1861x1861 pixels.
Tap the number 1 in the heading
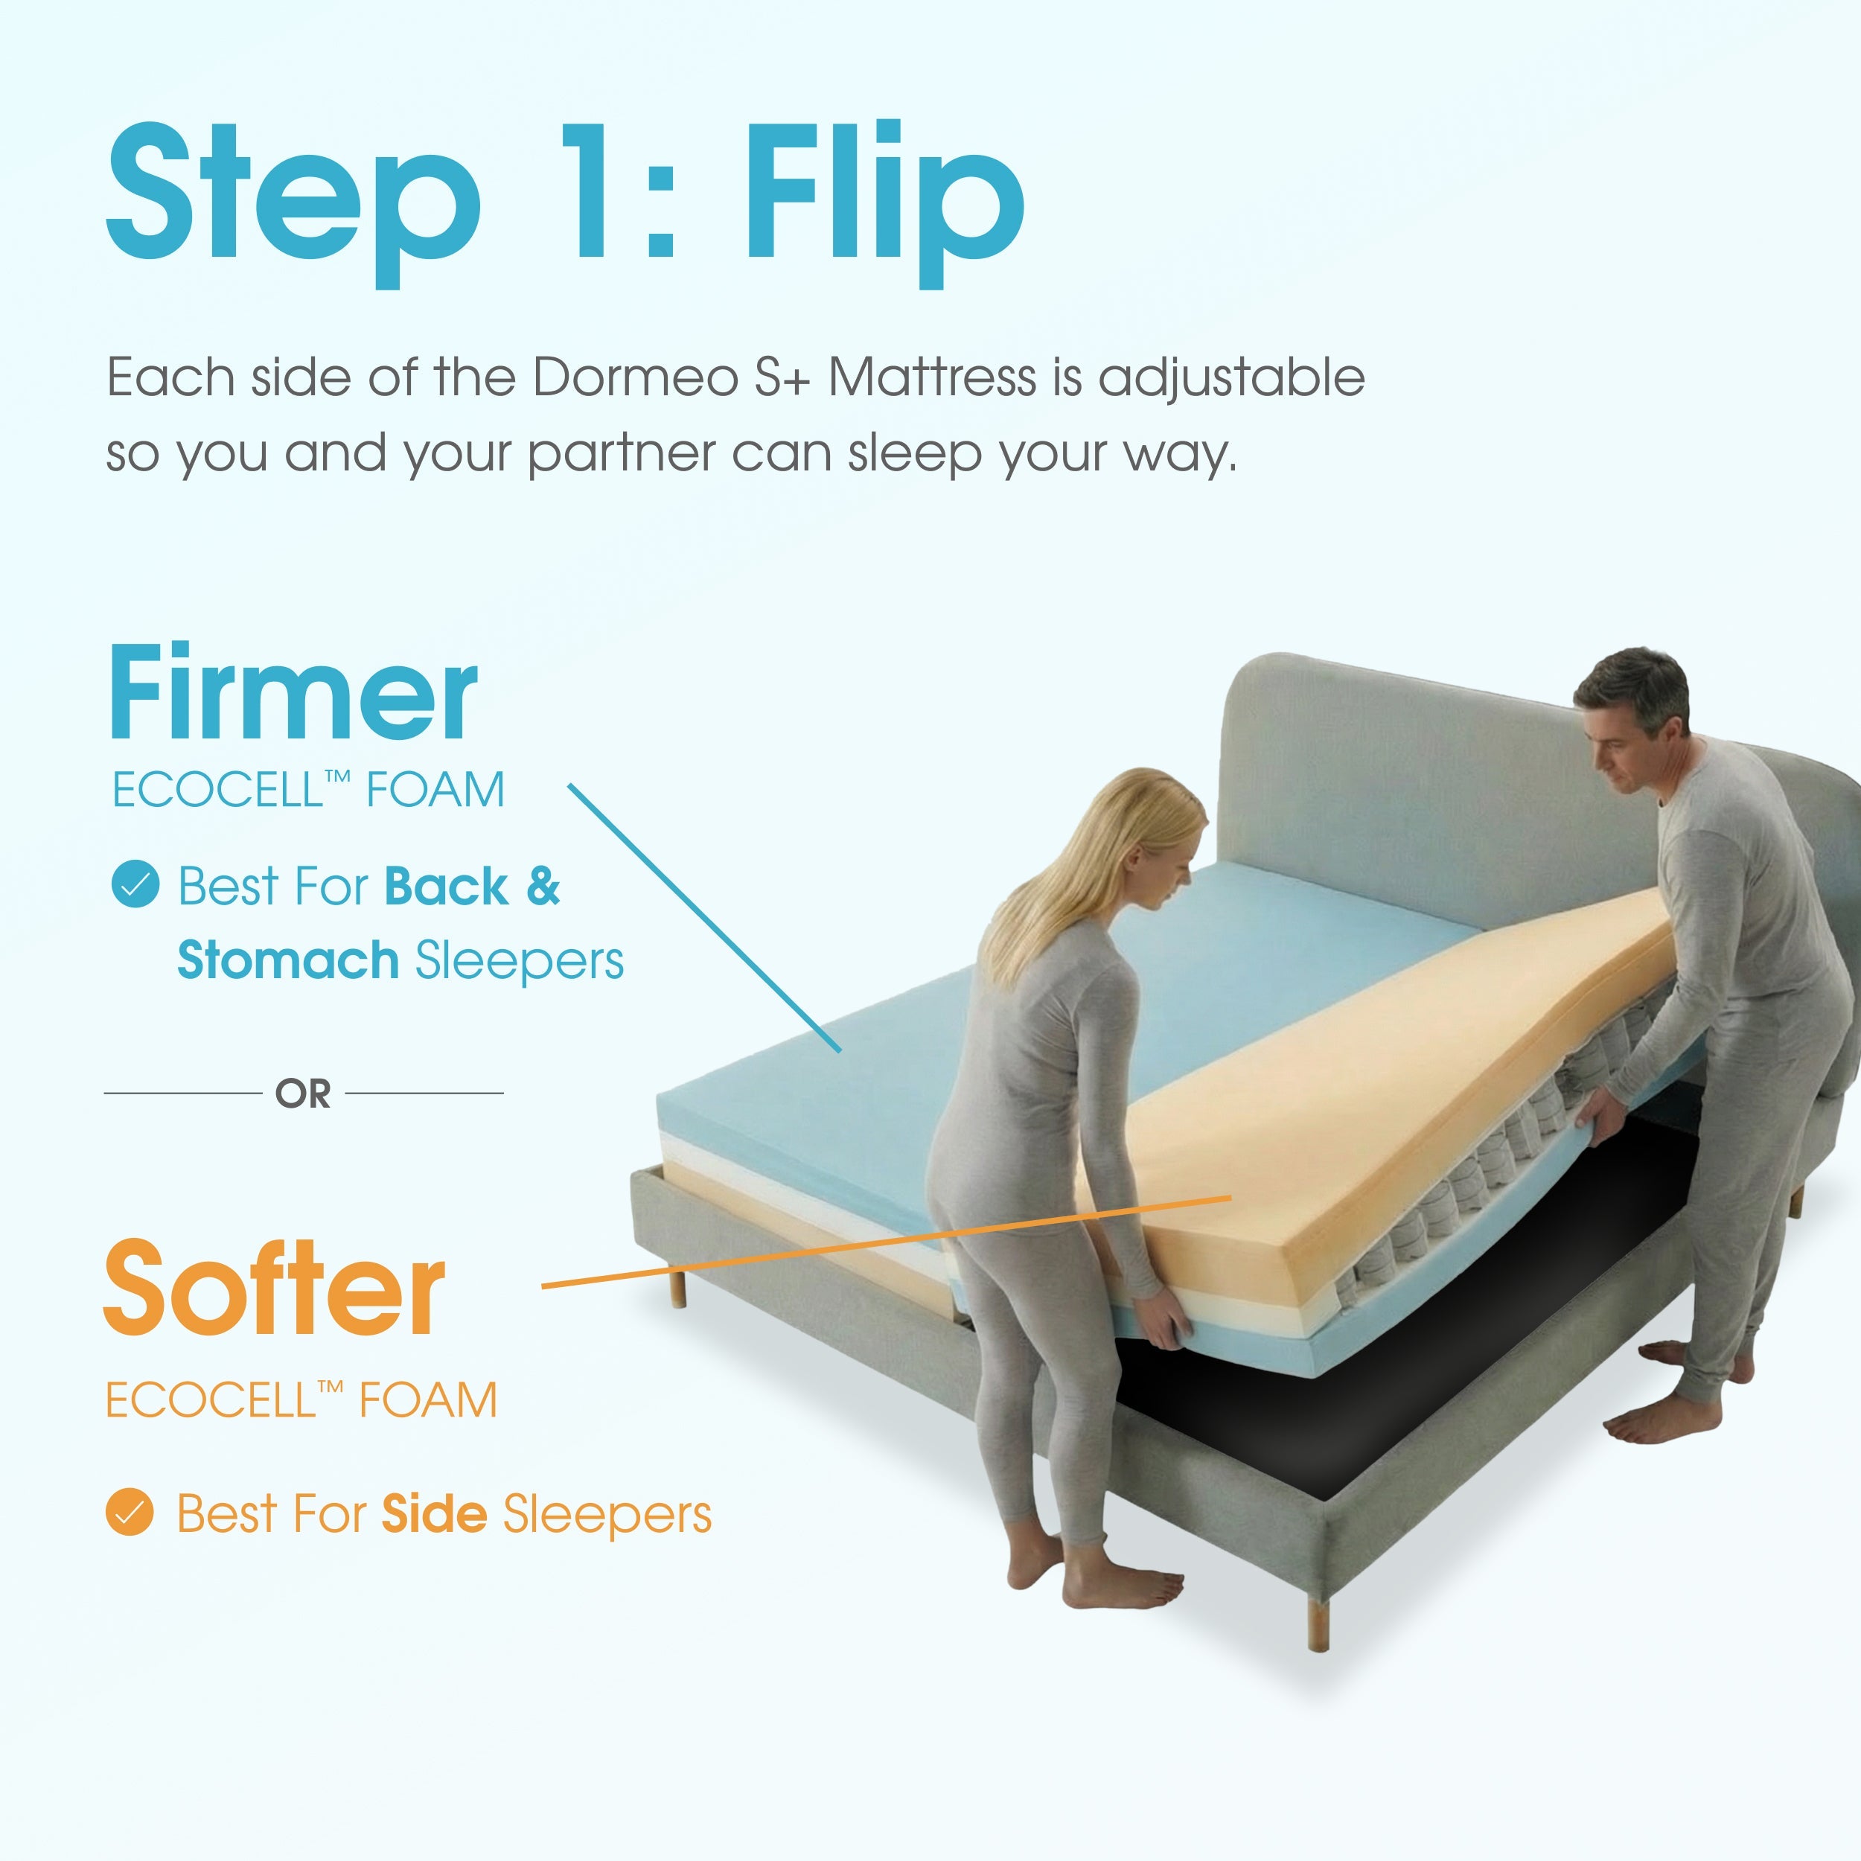click(589, 193)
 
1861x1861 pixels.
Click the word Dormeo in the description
click(636, 377)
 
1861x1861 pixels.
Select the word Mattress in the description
click(931, 377)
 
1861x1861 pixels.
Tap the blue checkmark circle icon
click(135, 884)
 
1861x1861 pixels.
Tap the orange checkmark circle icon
click(129, 1511)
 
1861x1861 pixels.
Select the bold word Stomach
click(288, 960)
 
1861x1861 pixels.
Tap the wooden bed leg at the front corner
click(1318, 1621)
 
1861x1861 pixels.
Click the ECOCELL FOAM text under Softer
click(301, 1399)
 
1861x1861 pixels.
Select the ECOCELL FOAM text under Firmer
click(308, 790)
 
